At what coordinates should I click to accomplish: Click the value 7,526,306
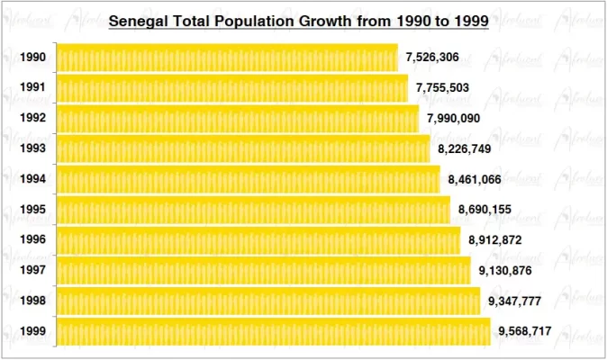433,58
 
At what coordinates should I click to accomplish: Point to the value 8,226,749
465,149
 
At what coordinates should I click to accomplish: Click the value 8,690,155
485,210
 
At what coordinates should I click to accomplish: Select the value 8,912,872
495,240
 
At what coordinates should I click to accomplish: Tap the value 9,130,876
506,271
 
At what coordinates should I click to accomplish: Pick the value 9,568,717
526,332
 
